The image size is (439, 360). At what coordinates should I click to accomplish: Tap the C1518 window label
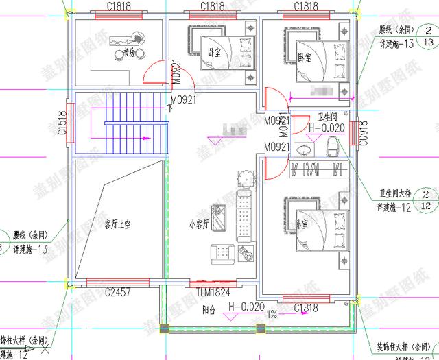[62, 123]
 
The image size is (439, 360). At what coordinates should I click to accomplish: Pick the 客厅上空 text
[117, 224]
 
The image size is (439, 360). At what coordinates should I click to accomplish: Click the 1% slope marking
[272, 315]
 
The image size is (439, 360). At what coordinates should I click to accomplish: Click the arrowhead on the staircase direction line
[145, 139]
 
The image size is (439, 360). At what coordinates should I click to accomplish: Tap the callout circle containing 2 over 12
[425, 200]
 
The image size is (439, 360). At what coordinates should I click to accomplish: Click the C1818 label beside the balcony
[305, 309]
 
